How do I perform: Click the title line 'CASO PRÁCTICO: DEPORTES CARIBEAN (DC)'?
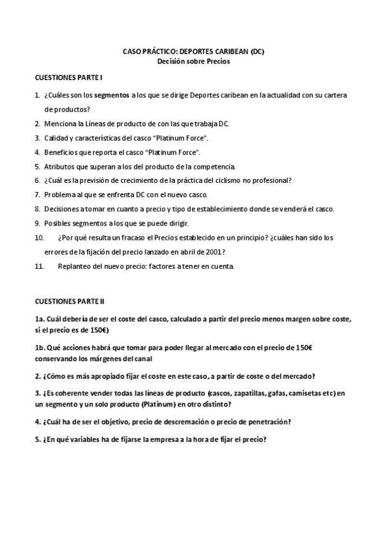tap(193, 50)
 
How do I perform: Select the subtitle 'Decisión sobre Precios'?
tap(193, 61)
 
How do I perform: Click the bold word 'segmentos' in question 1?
tap(110, 95)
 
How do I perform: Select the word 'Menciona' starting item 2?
tap(59, 123)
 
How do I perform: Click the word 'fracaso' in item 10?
tap(134, 237)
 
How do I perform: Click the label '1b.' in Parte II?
tap(40, 347)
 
